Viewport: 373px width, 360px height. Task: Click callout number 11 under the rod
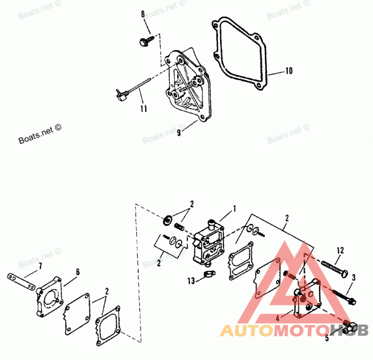click(143, 109)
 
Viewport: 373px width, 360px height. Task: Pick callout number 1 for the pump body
click(235, 207)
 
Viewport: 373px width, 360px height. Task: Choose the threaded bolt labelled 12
click(333, 268)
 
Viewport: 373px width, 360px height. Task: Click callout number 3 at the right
click(353, 277)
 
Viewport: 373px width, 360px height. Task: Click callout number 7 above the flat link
click(40, 266)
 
